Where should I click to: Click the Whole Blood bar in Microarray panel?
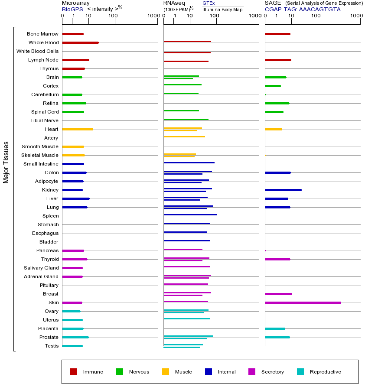click(80, 42)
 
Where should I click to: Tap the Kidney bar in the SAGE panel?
click(283, 190)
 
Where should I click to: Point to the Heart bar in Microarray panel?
click(77, 129)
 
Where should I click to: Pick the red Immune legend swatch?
click(74, 372)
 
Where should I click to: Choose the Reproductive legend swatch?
click(300, 372)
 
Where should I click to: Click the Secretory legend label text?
click(272, 372)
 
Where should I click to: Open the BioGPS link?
click(72, 9)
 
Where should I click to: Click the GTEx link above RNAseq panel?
click(209, 3)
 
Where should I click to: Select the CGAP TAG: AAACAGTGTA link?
click(303, 9)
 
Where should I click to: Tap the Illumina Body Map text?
click(222, 10)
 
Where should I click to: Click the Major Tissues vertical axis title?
click(6, 162)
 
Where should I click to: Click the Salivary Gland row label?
click(41, 268)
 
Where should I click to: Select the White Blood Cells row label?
click(37, 51)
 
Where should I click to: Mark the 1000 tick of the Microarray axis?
click(152, 16)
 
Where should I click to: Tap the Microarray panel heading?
click(76, 3)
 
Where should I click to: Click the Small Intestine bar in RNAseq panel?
click(189, 162)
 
